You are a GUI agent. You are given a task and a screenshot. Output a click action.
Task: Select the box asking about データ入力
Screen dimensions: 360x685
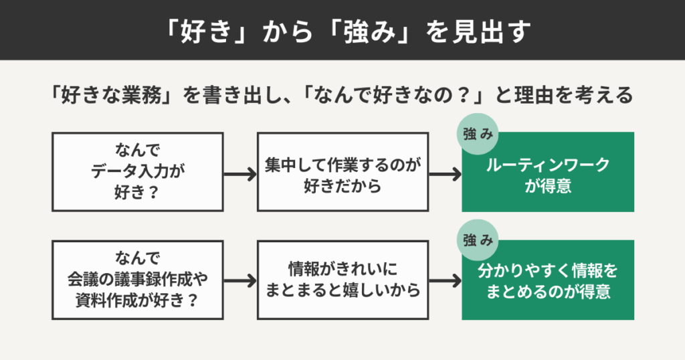pos(137,172)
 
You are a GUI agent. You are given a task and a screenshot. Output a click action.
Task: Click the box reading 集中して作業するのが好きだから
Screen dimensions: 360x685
pos(342,172)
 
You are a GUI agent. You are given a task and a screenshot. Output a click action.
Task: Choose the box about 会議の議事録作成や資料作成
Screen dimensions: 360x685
pos(137,280)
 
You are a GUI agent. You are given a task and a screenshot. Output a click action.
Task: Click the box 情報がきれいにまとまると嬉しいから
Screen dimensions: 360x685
pos(342,280)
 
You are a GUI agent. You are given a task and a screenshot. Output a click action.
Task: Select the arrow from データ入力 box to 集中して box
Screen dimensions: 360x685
pos(240,173)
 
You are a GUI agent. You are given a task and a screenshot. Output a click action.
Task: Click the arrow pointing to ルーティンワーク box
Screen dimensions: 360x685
pos(445,173)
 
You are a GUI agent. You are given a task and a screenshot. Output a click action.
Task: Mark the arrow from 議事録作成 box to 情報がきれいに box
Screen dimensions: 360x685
pos(240,280)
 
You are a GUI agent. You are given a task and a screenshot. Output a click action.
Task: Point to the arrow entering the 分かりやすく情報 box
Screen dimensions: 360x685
pos(445,280)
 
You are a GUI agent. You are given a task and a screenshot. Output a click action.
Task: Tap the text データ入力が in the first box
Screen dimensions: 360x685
pos(137,171)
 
